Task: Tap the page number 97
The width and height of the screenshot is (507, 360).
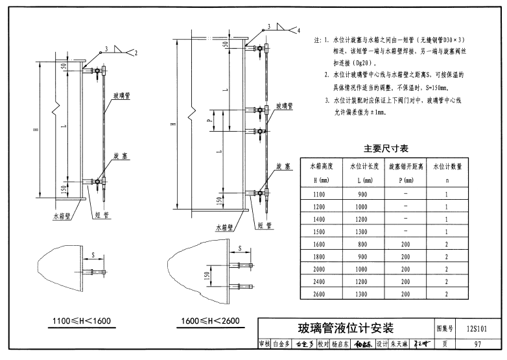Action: pyautogui.click(x=477, y=344)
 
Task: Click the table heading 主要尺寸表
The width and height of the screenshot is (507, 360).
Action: pyautogui.click(x=386, y=149)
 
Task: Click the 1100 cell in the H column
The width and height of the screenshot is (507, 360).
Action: pyautogui.click(x=320, y=194)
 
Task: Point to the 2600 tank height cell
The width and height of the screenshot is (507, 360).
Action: pyautogui.click(x=320, y=294)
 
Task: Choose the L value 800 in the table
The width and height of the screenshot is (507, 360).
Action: pyautogui.click(x=362, y=244)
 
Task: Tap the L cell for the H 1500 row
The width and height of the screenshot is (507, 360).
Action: pyautogui.click(x=362, y=232)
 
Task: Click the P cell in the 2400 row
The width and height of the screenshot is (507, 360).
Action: pyautogui.click(x=405, y=282)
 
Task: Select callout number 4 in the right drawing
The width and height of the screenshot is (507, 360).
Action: pyautogui.click(x=299, y=31)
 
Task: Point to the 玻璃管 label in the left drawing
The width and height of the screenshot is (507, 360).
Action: pyautogui.click(x=121, y=95)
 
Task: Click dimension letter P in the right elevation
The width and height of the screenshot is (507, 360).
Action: pyautogui.click(x=209, y=120)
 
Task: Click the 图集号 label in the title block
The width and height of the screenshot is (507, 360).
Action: pyautogui.click(x=444, y=328)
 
